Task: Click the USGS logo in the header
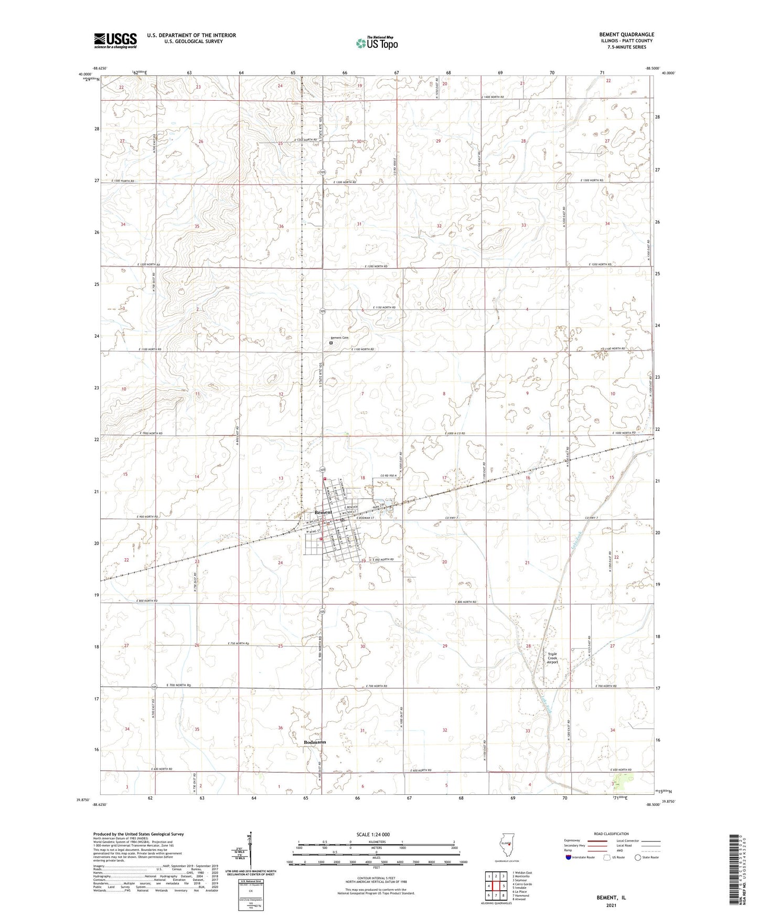point(115,40)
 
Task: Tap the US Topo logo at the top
point(376,44)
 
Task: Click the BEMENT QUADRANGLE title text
point(626,35)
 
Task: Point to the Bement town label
point(323,512)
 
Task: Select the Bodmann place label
point(315,742)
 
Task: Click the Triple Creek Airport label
point(552,658)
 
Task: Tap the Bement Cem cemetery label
point(339,338)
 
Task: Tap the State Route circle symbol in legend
point(638,857)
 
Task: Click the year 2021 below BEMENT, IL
point(611,906)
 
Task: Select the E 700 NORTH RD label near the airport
point(606,686)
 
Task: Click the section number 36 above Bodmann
point(280,728)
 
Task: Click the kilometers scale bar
point(376,844)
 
